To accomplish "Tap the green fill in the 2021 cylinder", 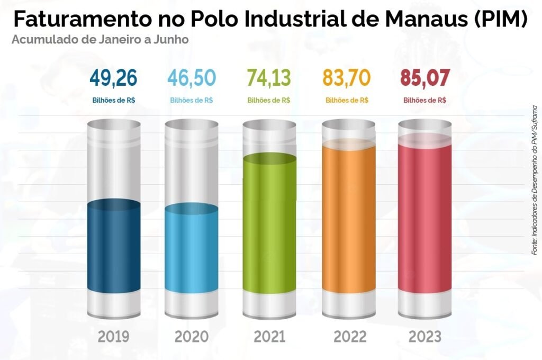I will [269, 222].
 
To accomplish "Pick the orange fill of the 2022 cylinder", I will [348, 217].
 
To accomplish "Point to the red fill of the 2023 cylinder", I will [425, 217].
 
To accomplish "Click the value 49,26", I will [113, 78].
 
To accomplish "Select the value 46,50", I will [192, 78].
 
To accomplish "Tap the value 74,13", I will [269, 78].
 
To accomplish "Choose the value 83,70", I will [347, 78].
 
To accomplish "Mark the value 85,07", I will [425, 78].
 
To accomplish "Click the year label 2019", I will [113, 337].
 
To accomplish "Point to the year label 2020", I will [192, 337].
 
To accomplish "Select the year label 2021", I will [269, 337].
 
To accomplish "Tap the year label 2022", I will [349, 337].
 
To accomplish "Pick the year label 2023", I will [425, 337].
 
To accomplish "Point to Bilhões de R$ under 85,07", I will [425, 100].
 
